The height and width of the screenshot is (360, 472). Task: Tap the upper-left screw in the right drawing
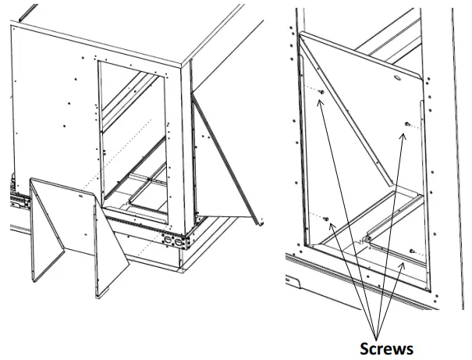click(321, 91)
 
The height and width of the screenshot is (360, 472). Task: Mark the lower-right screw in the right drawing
click(412, 251)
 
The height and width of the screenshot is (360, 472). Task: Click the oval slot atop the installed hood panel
click(399, 77)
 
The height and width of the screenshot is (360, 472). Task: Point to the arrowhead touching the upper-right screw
click(403, 135)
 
